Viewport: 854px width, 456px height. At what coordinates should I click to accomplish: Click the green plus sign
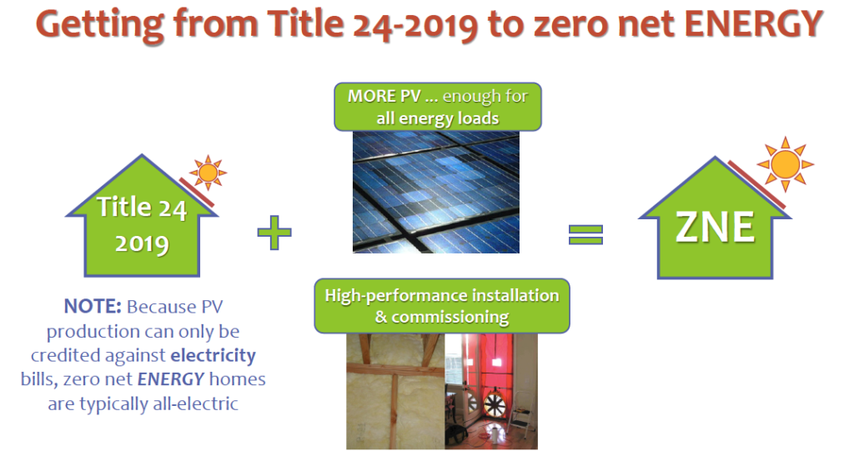tap(274, 233)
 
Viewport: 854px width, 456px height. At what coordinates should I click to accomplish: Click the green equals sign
tap(585, 234)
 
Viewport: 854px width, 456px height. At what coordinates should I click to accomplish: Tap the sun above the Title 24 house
tap(208, 173)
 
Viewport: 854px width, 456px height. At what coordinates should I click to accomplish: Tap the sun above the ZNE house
tap(785, 163)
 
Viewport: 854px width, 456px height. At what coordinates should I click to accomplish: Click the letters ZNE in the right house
tap(715, 227)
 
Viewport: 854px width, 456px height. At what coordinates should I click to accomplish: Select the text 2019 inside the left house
tap(142, 243)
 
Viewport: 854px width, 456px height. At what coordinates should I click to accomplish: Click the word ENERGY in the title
tap(753, 24)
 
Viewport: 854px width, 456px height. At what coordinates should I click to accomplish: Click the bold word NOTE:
tap(93, 306)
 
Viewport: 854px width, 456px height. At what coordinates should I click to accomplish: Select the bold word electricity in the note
tap(213, 355)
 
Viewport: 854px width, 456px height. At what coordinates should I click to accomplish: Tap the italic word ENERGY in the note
tap(170, 378)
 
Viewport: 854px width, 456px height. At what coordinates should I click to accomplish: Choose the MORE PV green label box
tap(438, 107)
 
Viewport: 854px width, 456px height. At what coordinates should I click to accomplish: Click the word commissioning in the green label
tap(450, 317)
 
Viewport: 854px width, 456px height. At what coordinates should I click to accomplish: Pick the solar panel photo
tap(435, 192)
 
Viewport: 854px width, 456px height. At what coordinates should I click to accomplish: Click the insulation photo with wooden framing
tap(395, 391)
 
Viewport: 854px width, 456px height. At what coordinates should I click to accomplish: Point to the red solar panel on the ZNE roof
tap(756, 184)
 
